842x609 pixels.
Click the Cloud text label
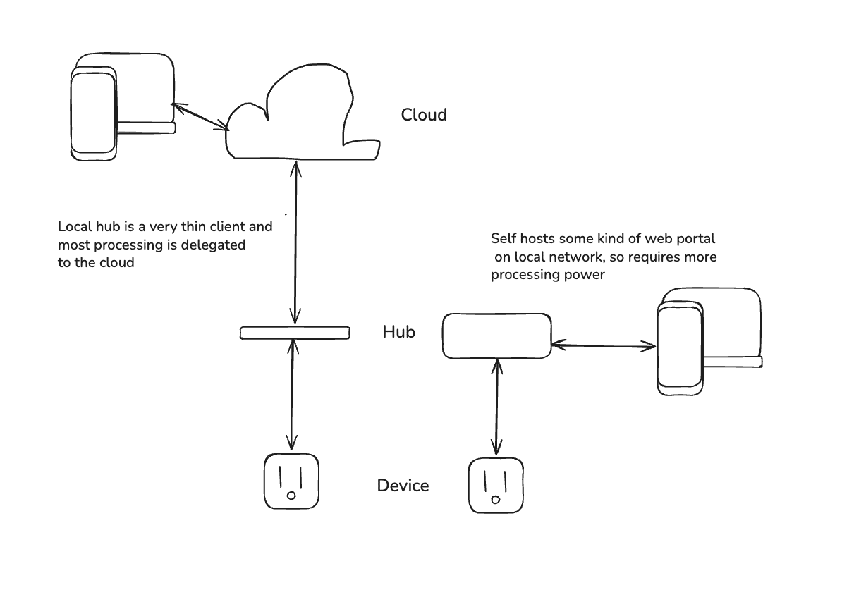pos(424,114)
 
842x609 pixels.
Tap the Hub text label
pos(398,331)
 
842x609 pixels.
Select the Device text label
pos(403,485)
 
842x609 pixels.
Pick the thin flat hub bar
pos(295,333)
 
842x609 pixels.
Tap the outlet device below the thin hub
pos(291,481)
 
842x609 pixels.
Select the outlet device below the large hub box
pos(496,486)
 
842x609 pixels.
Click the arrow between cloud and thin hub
pos(295,242)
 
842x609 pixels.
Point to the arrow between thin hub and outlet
pos(292,395)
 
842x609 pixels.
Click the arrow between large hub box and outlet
pos(497,407)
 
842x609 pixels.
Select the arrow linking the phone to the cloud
pos(200,116)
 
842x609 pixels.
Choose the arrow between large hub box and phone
pos(604,345)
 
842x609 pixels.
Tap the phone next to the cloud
pos(93,113)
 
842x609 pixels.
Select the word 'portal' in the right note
pos(697,239)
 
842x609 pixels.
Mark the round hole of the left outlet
pos(291,496)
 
